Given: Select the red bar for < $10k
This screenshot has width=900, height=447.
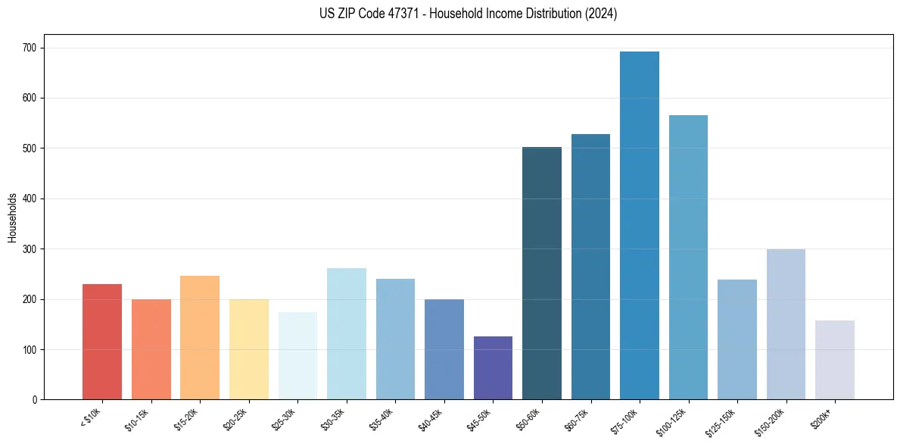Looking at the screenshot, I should pyautogui.click(x=102, y=342).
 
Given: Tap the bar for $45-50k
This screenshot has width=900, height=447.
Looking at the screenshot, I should pyautogui.click(x=493, y=368).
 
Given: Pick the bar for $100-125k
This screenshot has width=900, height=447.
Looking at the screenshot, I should pyautogui.click(x=688, y=258).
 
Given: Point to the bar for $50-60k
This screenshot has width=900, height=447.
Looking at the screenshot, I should pyautogui.click(x=542, y=274).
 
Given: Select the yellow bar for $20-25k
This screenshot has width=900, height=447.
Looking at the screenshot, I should pyautogui.click(x=249, y=349).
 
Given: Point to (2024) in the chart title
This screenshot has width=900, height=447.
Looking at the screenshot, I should pyautogui.click(x=601, y=14).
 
